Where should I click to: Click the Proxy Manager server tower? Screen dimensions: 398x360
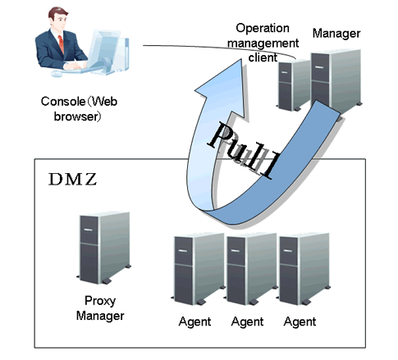[x=104, y=248]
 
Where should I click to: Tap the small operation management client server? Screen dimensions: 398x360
[x=293, y=85]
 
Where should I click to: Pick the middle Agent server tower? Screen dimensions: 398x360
[x=251, y=269]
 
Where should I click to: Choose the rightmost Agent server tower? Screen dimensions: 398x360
[x=304, y=269]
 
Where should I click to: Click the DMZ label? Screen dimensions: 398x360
[x=72, y=180]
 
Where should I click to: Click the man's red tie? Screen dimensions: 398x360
[x=61, y=43]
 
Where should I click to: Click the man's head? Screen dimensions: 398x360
[x=58, y=18]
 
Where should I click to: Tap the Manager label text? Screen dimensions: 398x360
[x=336, y=34]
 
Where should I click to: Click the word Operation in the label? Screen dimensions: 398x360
[x=263, y=28]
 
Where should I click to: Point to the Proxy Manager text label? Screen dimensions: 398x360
[x=100, y=308]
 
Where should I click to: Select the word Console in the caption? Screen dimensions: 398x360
[x=63, y=102]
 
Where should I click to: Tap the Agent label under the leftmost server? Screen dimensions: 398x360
[x=194, y=321]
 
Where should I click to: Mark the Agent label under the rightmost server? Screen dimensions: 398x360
[x=300, y=321]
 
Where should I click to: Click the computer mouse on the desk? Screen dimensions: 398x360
[x=57, y=73]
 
